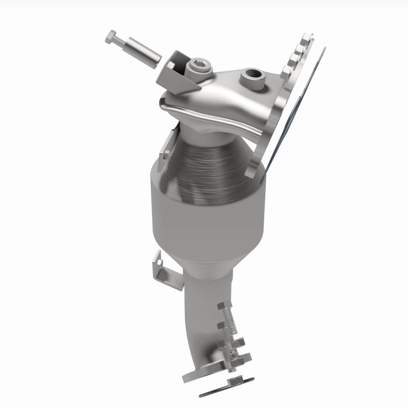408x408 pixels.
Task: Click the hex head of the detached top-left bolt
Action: [112, 37]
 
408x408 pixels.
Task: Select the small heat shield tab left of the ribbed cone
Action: [164, 148]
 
